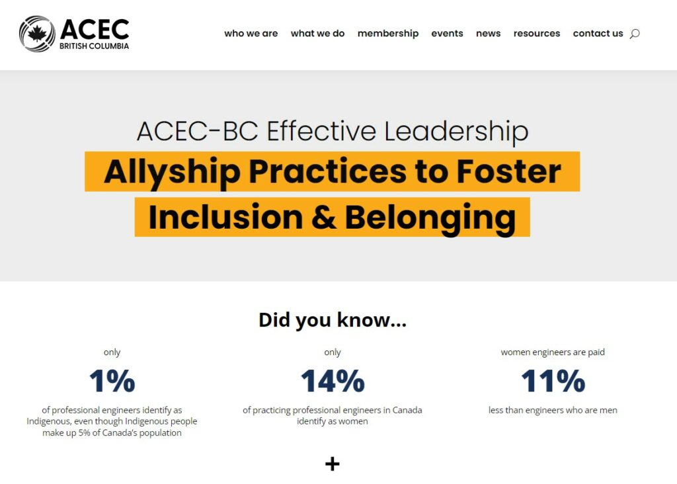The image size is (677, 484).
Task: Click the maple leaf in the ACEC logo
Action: [38, 33]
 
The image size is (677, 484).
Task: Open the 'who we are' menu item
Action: [251, 33]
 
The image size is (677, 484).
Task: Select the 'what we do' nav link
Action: [317, 33]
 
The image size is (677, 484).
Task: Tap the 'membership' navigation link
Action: [387, 34]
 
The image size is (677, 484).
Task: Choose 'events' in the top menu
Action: [447, 33]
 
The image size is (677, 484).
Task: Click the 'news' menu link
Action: [488, 33]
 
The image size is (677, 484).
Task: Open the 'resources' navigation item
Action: [537, 33]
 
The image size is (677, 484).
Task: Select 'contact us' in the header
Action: [598, 33]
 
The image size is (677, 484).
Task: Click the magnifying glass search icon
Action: [635, 34]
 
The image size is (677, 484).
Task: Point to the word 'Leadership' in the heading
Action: [456, 132]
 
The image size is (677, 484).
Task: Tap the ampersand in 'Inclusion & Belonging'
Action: [323, 217]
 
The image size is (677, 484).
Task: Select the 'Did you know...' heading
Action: [333, 320]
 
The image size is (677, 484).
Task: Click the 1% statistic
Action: [112, 381]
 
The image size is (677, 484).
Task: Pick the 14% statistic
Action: [333, 381]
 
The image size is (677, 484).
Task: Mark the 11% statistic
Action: [553, 381]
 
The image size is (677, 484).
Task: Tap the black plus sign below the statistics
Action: [332, 464]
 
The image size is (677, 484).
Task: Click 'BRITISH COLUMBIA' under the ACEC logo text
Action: [94, 46]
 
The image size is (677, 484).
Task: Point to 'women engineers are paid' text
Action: [553, 352]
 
